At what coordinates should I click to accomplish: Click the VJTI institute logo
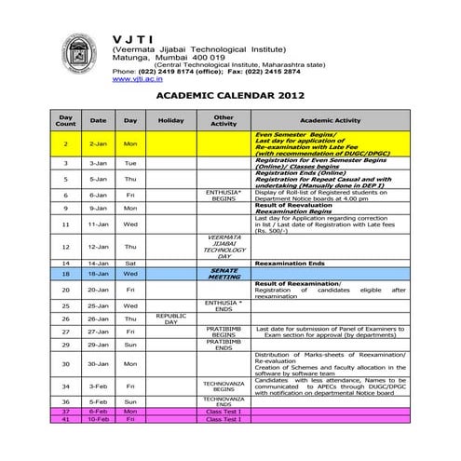tap(77, 55)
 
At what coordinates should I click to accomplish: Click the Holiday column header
tap(170, 120)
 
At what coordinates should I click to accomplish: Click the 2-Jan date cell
tap(98, 143)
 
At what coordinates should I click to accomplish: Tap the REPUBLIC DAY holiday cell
tap(170, 318)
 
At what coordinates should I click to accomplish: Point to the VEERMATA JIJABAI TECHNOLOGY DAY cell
tap(224, 247)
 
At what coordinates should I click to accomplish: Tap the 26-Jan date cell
tap(98, 318)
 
